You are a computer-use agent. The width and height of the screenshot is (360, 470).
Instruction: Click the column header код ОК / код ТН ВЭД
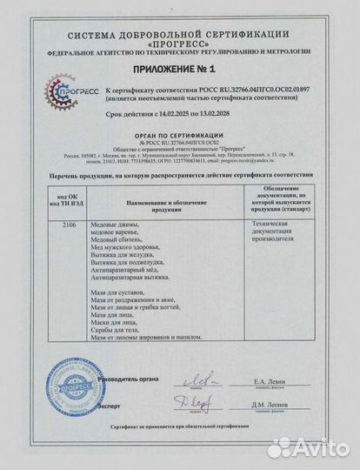coord(71,201)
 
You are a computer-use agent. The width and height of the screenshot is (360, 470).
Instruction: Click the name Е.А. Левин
coord(270,381)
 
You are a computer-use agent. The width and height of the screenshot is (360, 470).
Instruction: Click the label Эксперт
coord(109,406)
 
